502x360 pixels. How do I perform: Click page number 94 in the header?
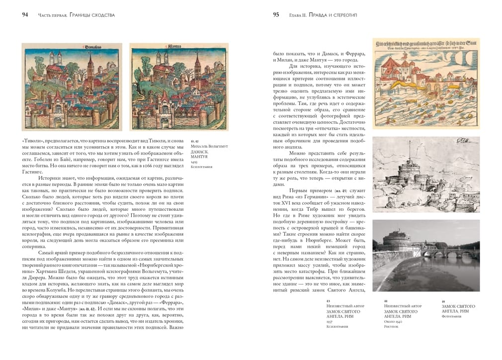[x=24, y=15]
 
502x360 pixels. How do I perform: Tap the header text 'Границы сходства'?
[x=92, y=15]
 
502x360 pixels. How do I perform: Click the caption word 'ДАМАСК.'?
[x=200, y=152]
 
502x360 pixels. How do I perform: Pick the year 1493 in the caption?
[x=194, y=162]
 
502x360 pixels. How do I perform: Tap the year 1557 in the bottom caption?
[x=330, y=322]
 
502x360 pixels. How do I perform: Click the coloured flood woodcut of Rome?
[x=426, y=90]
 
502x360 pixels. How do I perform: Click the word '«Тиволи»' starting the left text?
[x=32, y=142]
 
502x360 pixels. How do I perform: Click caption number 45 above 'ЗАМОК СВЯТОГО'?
[x=443, y=301]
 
